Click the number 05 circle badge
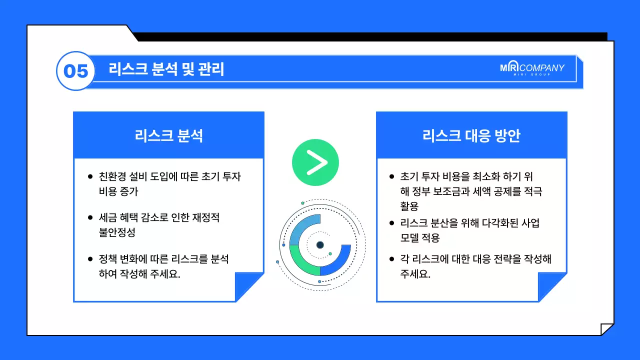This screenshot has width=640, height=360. pyautogui.click(x=75, y=71)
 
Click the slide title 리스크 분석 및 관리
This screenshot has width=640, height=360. pyautogui.click(x=166, y=69)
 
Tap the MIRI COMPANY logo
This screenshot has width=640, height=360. pyautogui.click(x=532, y=69)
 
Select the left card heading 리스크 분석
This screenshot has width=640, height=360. pyautogui.click(x=168, y=135)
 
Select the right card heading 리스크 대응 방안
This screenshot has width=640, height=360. pyautogui.click(x=471, y=135)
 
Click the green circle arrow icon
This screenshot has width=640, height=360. pyautogui.click(x=315, y=162)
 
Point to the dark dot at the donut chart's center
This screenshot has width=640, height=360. pyautogui.click(x=320, y=245)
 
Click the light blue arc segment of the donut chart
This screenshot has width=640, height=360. pyautogui.click(x=301, y=227)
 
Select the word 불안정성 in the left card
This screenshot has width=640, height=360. pyautogui.click(x=117, y=232)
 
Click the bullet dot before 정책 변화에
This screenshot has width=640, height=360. pyautogui.click(x=90, y=259)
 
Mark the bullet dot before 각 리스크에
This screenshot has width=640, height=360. pyautogui.click(x=391, y=259)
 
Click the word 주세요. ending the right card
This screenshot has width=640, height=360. pyautogui.click(x=415, y=274)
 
